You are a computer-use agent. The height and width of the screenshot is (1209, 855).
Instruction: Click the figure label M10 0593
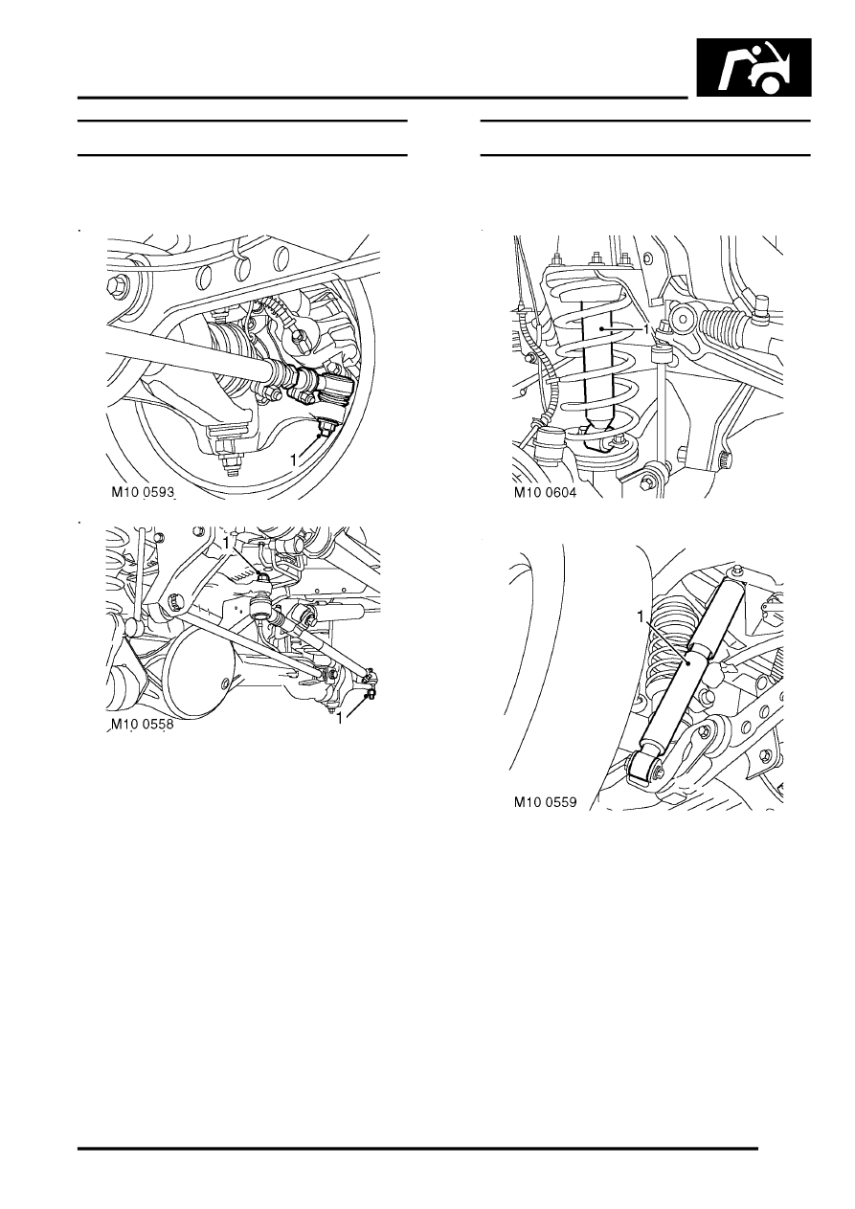pos(143,492)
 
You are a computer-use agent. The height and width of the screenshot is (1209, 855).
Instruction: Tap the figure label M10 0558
pos(143,725)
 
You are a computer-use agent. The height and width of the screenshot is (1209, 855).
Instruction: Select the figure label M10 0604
pos(545,492)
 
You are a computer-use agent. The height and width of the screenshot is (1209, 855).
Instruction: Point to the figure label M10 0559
pos(545,802)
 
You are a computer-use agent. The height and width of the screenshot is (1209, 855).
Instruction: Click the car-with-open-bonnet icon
pos(754,67)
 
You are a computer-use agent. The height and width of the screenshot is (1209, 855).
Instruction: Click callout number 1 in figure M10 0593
pos(293,460)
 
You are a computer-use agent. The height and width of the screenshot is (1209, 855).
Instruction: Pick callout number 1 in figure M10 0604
pos(646,328)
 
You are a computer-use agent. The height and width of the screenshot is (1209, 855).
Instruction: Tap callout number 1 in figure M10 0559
pos(641,616)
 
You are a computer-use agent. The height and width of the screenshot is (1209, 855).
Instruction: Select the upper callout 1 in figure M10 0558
pos(227,543)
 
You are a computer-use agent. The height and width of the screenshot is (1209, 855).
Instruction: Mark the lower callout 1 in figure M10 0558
pos(339,718)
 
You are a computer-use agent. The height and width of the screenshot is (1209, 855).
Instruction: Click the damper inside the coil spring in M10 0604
pos(599,367)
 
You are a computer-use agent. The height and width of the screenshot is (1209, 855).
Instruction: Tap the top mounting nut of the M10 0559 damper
pos(738,571)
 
